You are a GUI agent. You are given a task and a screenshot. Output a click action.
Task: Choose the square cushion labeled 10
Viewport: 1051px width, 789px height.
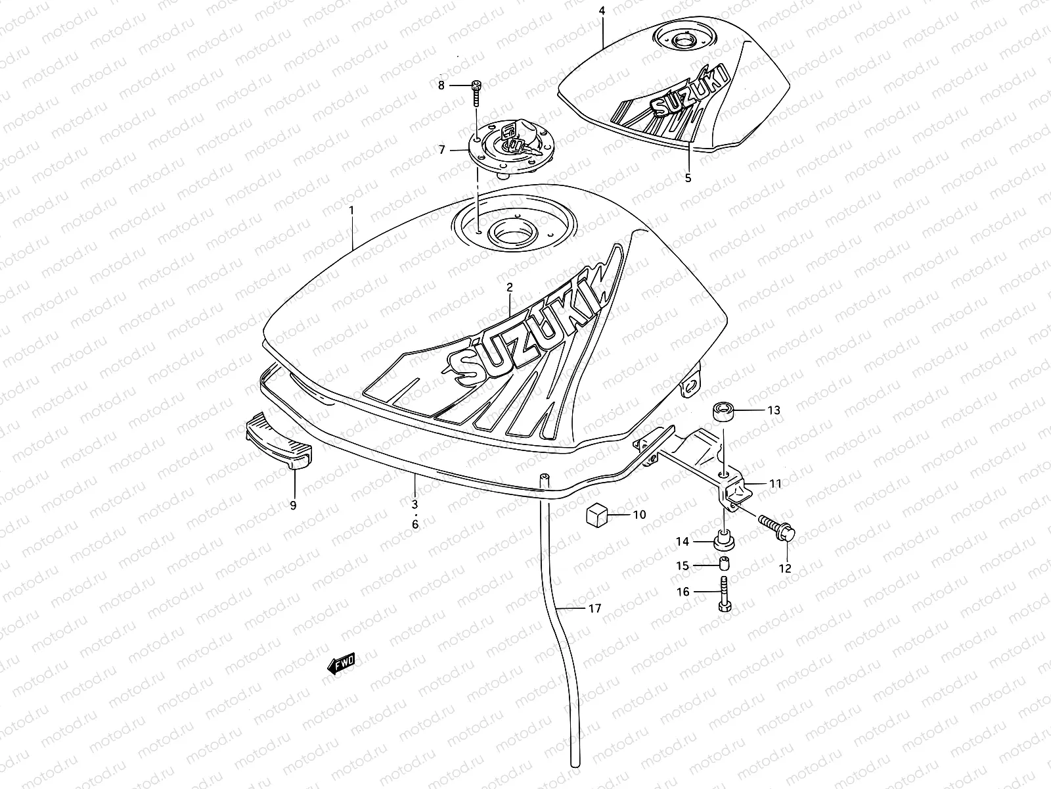point(597,515)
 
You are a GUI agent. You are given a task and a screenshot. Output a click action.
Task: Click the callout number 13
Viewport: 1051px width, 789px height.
point(774,410)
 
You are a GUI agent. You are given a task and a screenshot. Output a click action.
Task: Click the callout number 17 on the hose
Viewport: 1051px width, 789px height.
point(594,609)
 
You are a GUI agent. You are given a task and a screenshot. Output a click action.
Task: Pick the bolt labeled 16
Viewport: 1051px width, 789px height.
point(723,593)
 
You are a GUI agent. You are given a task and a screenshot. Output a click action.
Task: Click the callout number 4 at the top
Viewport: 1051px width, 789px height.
point(602,11)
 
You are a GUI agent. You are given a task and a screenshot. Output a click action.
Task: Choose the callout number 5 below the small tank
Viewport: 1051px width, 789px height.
point(688,178)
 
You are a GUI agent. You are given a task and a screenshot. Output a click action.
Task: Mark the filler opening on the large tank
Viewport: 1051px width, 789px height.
point(514,232)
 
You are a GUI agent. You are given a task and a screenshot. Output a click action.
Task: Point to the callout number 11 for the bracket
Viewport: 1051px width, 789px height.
point(775,484)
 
